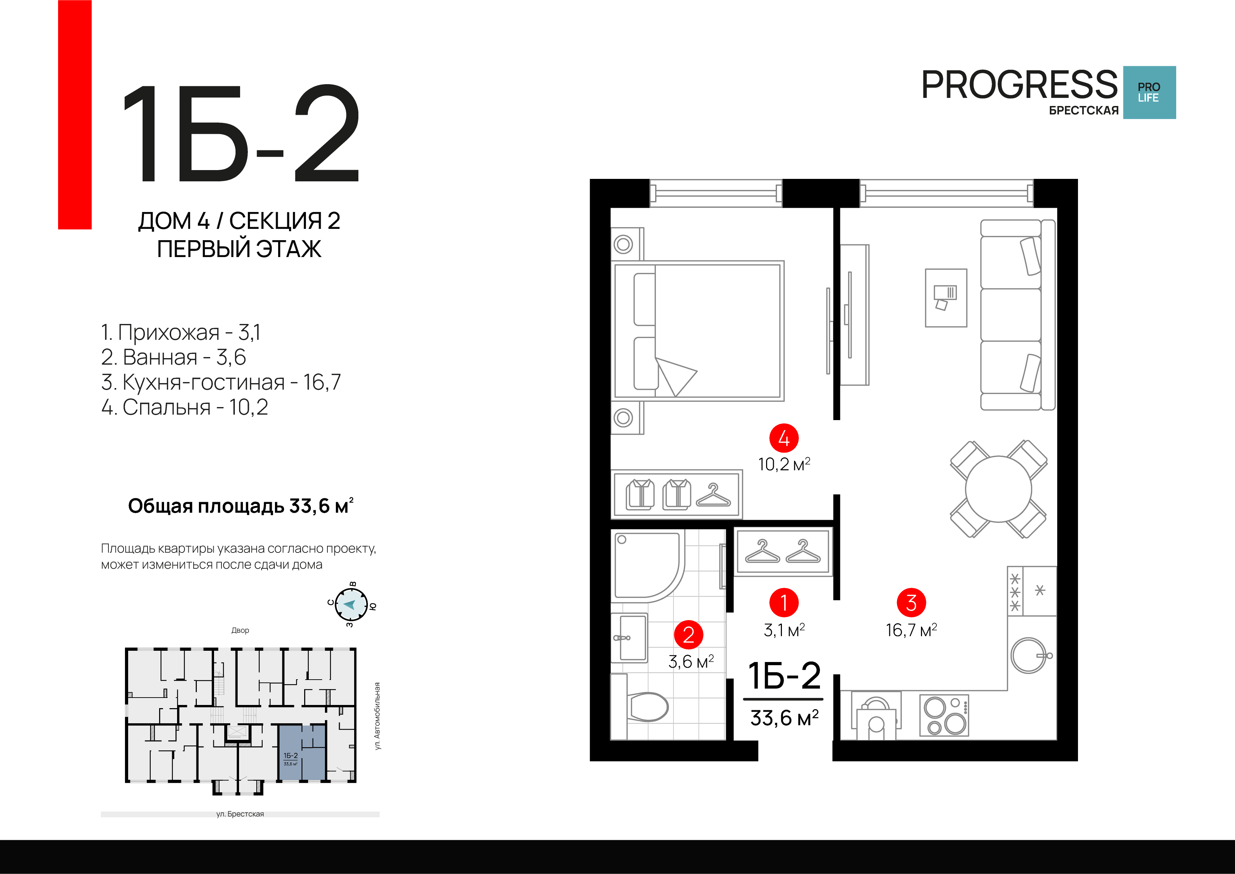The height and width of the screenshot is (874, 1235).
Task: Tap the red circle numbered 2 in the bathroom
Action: click(x=689, y=635)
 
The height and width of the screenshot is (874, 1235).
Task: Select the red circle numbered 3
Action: click(x=911, y=603)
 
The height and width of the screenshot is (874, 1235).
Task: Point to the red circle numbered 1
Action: click(x=784, y=603)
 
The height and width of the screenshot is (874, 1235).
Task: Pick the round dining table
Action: click(x=998, y=489)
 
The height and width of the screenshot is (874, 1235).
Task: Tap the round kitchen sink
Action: click(x=1028, y=656)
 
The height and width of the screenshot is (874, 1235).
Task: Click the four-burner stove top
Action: click(x=944, y=715)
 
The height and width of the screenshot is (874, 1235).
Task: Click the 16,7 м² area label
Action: click(x=911, y=630)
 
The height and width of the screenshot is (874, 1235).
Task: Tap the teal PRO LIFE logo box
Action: click(x=1149, y=93)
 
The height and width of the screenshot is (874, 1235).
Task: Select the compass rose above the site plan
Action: click(x=351, y=604)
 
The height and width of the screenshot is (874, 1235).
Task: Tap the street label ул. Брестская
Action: click(x=240, y=814)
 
